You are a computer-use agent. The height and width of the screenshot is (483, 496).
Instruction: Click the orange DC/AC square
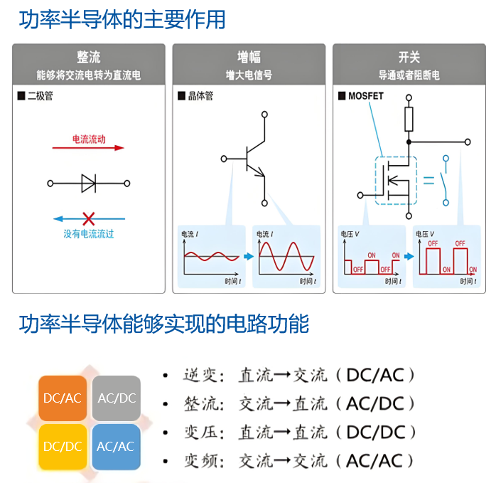[x=63, y=398]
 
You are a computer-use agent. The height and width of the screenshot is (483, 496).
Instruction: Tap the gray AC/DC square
[x=116, y=398]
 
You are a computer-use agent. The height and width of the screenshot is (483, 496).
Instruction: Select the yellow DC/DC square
[x=63, y=447]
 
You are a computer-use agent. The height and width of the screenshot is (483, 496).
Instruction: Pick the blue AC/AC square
[x=116, y=447]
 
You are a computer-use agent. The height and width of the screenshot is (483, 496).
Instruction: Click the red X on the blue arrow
[x=89, y=218]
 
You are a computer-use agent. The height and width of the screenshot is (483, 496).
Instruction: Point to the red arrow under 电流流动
[x=88, y=148]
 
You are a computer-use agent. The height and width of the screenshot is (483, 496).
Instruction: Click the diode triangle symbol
[x=89, y=183]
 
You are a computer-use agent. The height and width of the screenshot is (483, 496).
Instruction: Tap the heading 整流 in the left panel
[x=89, y=58]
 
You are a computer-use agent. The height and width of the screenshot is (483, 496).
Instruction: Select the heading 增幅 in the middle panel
[x=248, y=58]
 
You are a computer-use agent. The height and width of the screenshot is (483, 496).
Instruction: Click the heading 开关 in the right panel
[x=409, y=58]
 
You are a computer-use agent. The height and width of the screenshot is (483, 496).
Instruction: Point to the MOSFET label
[x=365, y=96]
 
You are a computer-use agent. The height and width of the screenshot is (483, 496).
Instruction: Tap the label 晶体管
[x=200, y=96]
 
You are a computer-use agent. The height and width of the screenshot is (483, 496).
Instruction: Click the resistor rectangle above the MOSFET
[x=409, y=121]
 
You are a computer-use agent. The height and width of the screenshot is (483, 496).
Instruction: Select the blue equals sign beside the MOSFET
[x=428, y=180]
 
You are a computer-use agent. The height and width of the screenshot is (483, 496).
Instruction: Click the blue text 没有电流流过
[x=89, y=234]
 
